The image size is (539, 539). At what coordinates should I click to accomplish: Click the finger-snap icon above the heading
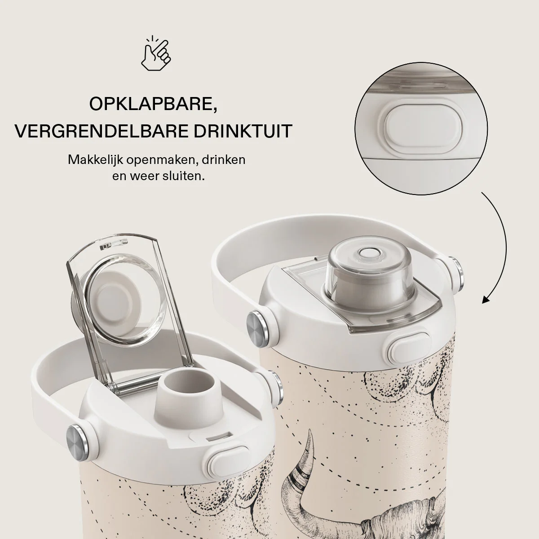[156, 53]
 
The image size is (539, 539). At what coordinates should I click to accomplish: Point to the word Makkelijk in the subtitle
[95, 160]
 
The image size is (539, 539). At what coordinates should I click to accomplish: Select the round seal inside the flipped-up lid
[117, 299]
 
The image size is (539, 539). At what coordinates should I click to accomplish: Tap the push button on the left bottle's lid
[228, 464]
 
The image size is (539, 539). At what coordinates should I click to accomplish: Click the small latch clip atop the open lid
[113, 244]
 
